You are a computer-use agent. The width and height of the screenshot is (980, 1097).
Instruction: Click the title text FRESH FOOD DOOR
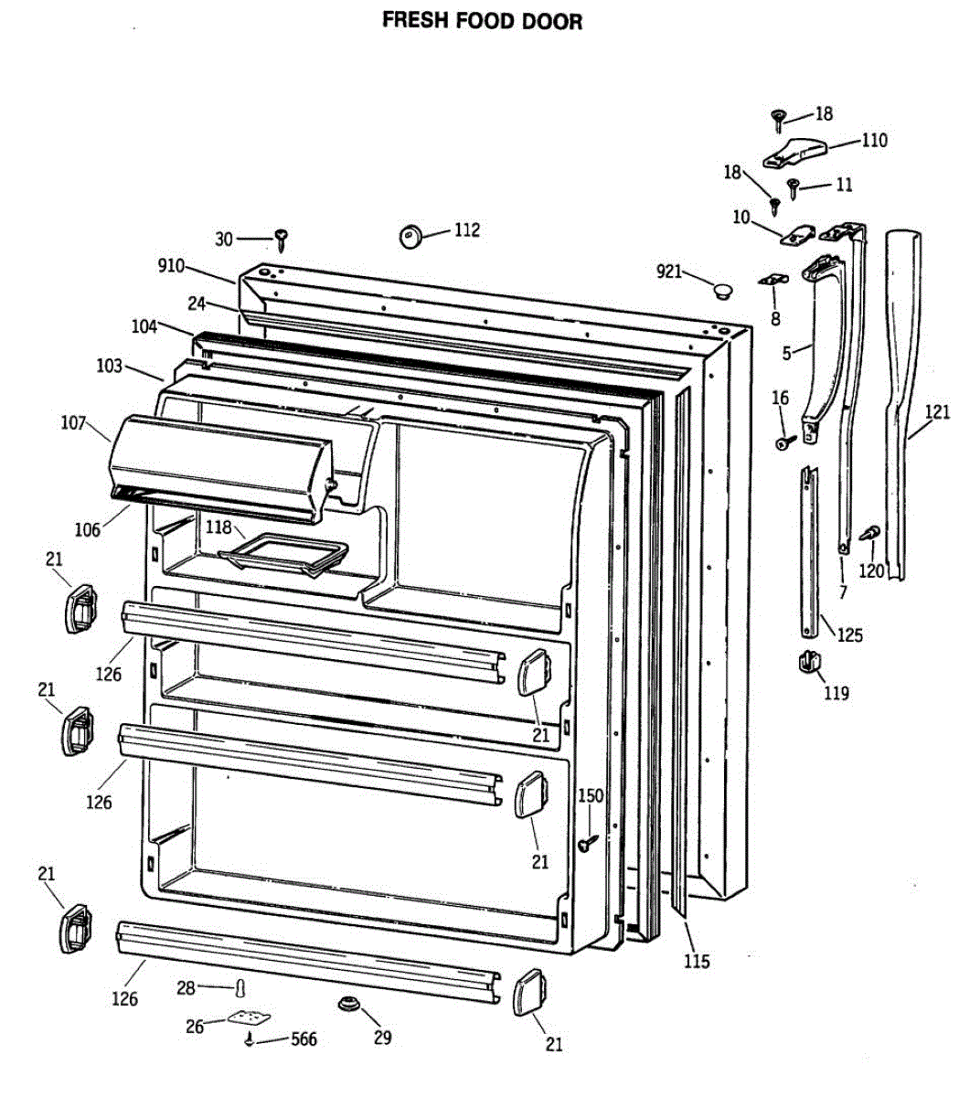(482, 21)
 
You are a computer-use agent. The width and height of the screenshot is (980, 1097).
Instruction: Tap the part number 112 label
(466, 229)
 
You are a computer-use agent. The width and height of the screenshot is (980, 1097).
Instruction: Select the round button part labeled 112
(410, 236)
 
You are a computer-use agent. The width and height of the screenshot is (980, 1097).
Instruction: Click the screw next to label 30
(282, 240)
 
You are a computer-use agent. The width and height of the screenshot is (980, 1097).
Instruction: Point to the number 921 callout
(669, 272)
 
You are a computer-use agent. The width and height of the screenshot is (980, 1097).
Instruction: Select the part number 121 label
(937, 412)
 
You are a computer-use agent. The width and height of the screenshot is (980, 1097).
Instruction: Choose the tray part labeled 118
(284, 557)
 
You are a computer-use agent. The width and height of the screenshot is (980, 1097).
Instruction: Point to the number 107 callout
(73, 423)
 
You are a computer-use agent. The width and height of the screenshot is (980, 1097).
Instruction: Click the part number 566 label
(304, 1038)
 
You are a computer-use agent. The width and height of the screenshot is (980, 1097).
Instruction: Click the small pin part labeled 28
(240, 988)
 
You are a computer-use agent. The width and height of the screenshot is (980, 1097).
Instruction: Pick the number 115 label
(697, 961)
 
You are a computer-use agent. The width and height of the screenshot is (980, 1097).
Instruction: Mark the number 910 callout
(171, 266)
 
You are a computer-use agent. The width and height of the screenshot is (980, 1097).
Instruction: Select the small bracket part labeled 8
(773, 279)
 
